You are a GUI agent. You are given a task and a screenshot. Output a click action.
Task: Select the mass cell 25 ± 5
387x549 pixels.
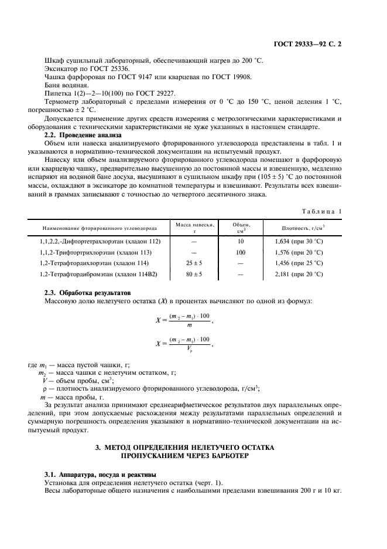click(x=194, y=263)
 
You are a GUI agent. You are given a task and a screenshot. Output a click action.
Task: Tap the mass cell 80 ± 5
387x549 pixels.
click(x=194, y=274)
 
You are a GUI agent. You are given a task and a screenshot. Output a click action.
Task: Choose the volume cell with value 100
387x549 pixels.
click(x=240, y=252)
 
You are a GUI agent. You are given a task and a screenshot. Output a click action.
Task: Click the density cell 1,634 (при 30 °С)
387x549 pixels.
click(x=299, y=241)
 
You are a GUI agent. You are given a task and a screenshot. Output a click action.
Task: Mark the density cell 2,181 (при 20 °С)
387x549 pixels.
click(x=299, y=274)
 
